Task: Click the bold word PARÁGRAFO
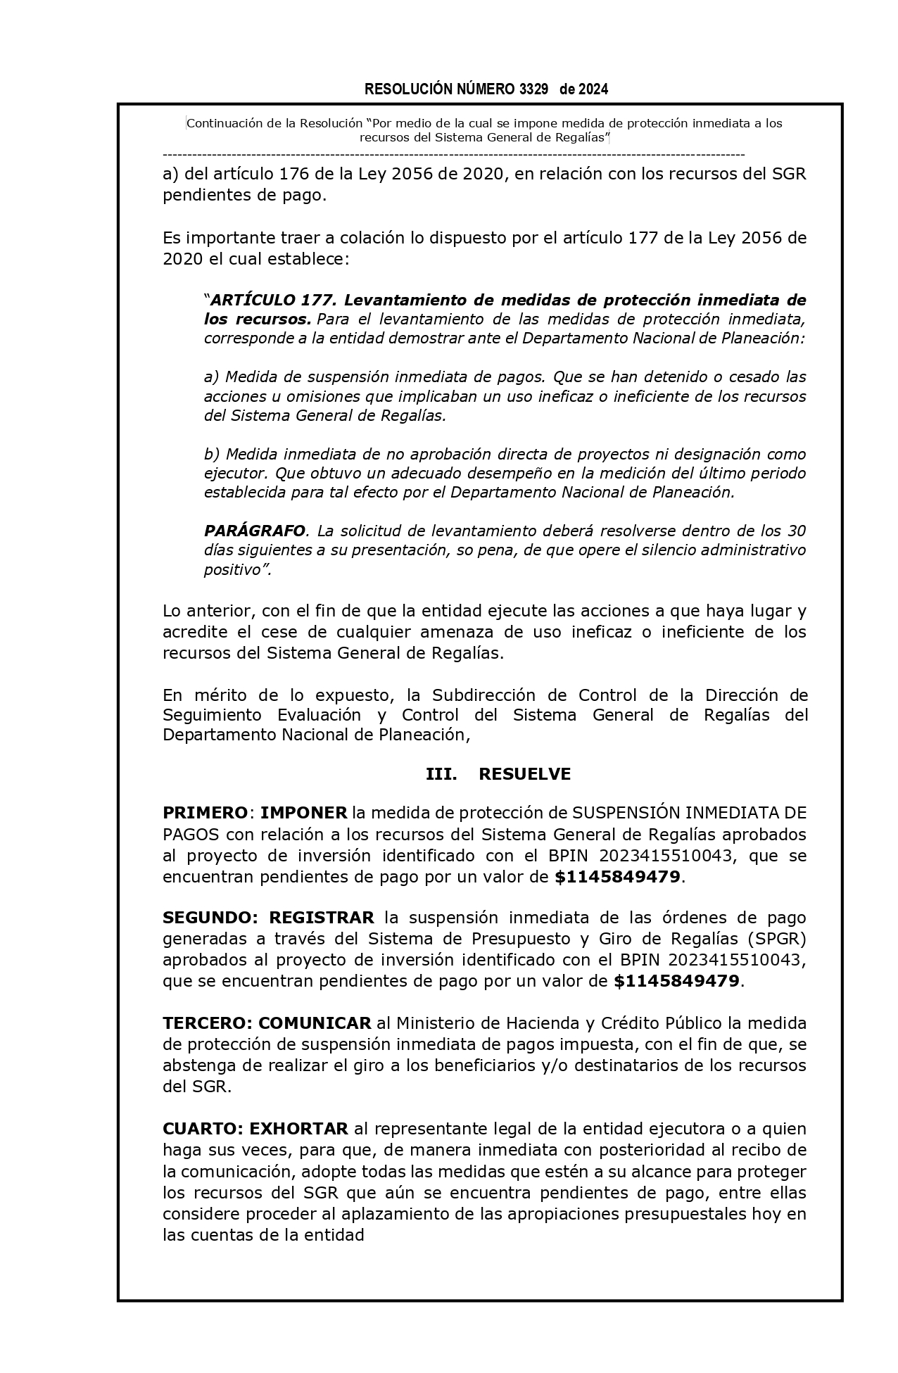click(255, 531)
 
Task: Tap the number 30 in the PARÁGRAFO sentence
click(796, 531)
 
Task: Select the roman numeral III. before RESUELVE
click(441, 774)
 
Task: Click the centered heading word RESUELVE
click(524, 774)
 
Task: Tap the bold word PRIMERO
click(205, 814)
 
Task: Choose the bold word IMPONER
click(304, 814)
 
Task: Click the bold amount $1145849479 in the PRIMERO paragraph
click(617, 877)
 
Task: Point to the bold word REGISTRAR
click(322, 918)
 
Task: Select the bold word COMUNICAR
click(315, 1023)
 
